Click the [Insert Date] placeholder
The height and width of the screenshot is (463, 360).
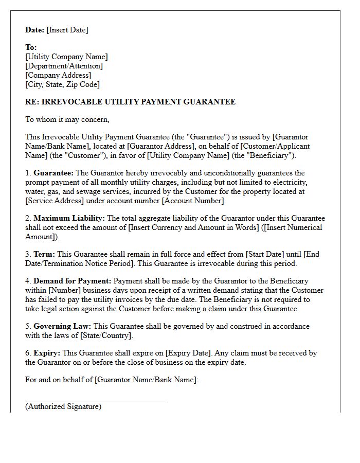point(67,30)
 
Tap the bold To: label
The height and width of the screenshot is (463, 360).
point(31,47)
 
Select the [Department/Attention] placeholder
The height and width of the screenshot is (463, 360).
point(64,66)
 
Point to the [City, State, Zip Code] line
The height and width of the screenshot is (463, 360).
point(62,84)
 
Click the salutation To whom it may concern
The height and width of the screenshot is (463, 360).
point(67,119)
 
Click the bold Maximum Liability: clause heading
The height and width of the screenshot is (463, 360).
point(69,218)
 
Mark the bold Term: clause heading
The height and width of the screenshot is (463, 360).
point(44,254)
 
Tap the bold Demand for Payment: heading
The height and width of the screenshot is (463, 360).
point(72,281)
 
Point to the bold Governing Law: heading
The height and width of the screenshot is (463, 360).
point(62,326)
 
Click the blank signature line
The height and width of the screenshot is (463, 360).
point(95,400)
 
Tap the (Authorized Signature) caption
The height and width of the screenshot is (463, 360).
point(63,406)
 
